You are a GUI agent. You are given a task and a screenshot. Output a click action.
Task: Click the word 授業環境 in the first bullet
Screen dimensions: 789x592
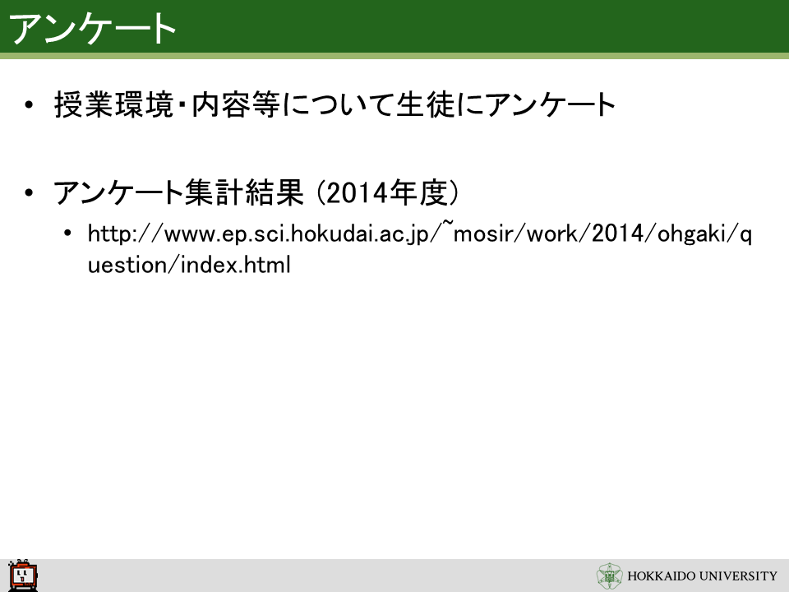pos(113,104)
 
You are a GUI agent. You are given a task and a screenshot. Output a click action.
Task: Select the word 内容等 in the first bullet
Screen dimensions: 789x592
pos(236,104)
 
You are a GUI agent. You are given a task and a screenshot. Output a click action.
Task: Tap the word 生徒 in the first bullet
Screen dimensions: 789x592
pos(426,104)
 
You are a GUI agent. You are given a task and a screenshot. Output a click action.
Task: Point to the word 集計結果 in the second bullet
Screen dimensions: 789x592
pos(245,192)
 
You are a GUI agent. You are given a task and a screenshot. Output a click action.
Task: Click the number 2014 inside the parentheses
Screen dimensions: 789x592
pos(357,192)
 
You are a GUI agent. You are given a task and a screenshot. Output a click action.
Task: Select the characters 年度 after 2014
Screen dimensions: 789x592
pos(418,192)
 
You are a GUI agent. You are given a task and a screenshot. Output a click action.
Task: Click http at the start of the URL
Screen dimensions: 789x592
pos(108,234)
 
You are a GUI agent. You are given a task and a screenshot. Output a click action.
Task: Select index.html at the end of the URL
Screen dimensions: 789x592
pos(235,265)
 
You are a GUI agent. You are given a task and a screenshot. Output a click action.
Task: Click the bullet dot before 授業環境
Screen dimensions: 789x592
pos(29,105)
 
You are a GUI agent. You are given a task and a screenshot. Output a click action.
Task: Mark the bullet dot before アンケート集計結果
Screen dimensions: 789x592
pos(29,192)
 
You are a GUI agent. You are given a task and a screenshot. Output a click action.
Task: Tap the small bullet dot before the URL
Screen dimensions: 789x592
pos(68,233)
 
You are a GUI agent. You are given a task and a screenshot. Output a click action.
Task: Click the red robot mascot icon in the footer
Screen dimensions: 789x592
pos(23,576)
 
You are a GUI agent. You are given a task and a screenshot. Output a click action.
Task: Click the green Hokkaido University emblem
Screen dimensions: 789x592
pos(609,576)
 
